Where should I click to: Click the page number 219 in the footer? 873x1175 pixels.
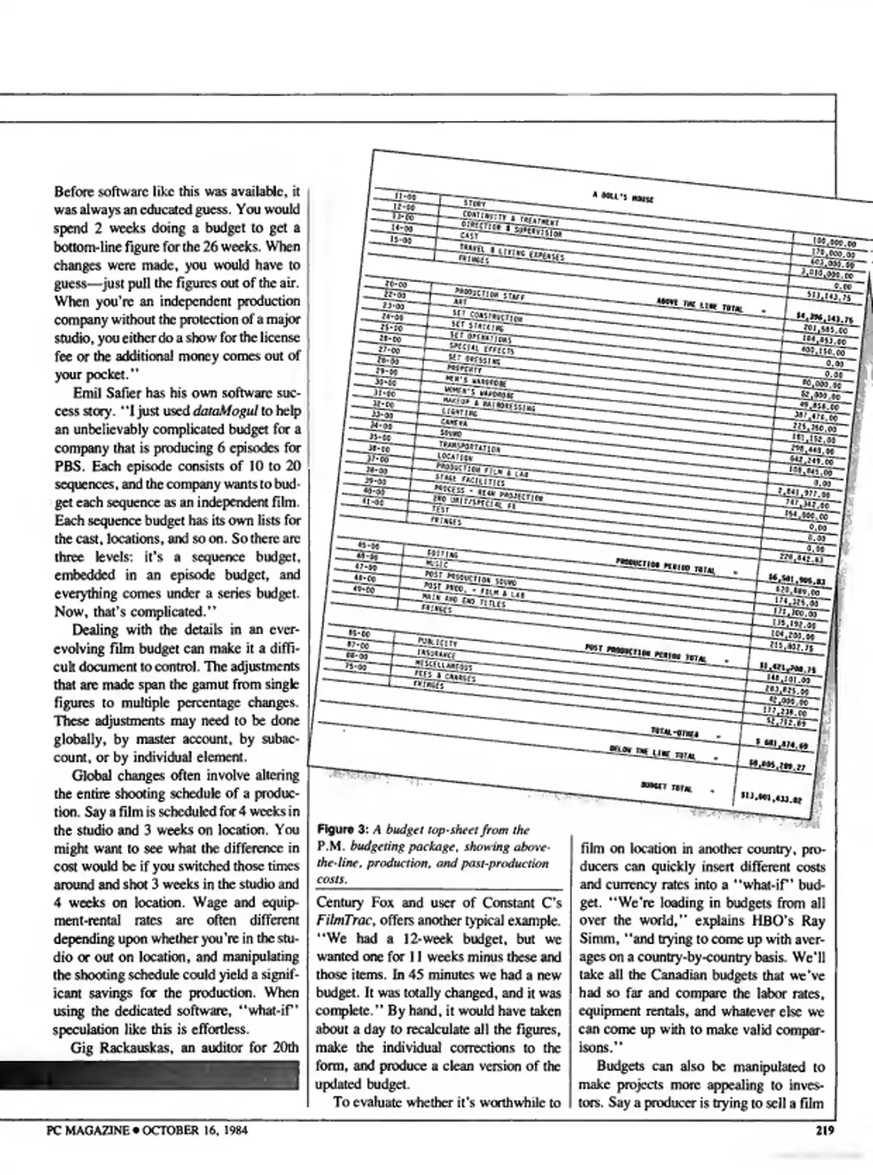click(x=825, y=1130)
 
